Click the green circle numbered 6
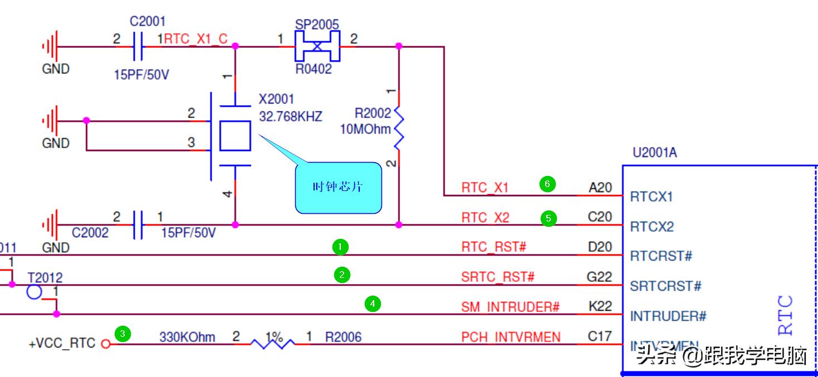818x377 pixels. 547,184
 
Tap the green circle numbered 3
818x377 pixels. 123,334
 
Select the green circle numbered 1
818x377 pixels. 341,246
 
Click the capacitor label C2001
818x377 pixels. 148,22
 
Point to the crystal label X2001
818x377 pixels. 276,99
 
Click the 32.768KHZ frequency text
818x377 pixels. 291,117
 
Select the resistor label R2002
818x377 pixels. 373,114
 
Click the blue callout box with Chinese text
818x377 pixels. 338,187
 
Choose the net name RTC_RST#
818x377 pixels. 493,246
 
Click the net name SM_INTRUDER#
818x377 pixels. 510,306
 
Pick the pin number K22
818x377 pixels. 600,306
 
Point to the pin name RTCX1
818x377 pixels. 652,197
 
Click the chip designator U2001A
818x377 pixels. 655,153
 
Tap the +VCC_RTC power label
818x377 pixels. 62,343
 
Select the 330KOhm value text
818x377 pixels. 187,337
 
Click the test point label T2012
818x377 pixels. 45,277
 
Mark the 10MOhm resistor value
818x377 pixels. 366,129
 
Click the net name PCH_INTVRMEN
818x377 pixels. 511,337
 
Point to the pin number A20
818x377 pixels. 600,188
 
